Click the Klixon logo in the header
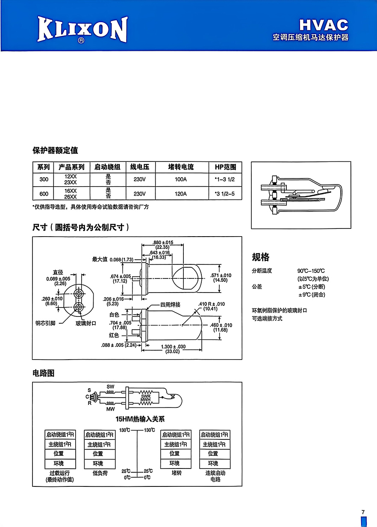[82, 29]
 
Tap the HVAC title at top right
[324, 25]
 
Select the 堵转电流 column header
[181, 167]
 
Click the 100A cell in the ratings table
[181, 179]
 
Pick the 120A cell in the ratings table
[181, 193]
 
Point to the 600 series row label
[44, 193]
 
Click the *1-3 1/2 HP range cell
[225, 179]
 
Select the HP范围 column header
[225, 167]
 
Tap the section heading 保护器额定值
[55, 150]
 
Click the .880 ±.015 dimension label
[163, 242]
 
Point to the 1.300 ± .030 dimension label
[173, 346]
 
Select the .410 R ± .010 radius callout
[212, 304]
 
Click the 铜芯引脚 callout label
[45, 323]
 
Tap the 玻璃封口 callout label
[86, 323]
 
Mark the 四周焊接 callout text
[170, 304]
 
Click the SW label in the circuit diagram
[110, 386]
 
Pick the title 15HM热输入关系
[140, 419]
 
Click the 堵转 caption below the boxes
[177, 473]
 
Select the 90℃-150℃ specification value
[311, 271]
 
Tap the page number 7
[363, 512]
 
